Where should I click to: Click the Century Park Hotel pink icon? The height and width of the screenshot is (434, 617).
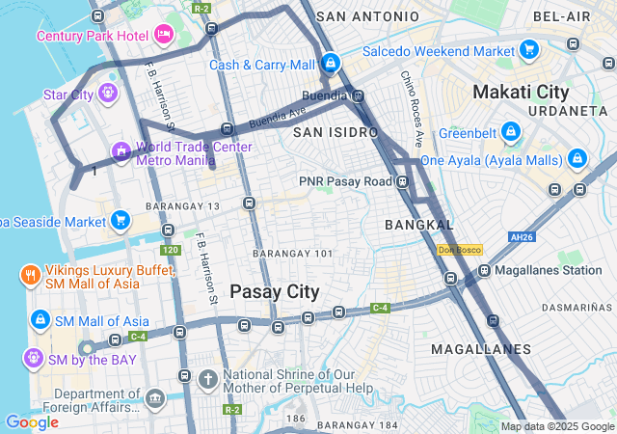[163, 35]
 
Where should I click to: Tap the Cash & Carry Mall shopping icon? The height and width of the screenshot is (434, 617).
[331, 64]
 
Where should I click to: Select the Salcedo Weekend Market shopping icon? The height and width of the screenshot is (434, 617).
[528, 49]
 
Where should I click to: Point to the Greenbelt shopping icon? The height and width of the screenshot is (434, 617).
[511, 132]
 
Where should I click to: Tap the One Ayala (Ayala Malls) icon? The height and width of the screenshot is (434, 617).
[577, 158]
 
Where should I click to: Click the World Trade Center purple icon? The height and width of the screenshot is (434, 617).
[121, 151]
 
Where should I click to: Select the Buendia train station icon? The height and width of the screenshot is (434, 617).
[358, 95]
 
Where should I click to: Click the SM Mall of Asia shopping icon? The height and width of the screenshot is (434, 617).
[40, 319]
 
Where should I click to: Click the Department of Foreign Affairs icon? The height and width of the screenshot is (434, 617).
[154, 397]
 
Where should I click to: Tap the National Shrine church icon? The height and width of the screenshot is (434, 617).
[207, 379]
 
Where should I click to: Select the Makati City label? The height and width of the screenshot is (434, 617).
[521, 92]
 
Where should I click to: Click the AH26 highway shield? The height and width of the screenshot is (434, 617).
[522, 236]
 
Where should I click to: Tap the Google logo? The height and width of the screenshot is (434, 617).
[32, 421]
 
